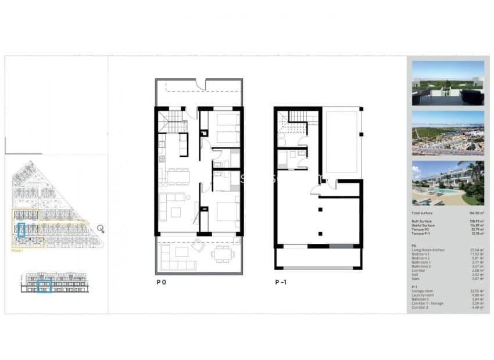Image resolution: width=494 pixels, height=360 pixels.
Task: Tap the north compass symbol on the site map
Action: [101, 228]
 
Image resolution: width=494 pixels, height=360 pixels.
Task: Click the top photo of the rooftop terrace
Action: [448, 82]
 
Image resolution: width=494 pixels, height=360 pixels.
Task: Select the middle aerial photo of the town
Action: [448, 133]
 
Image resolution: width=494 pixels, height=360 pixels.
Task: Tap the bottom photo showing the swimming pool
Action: [448, 183]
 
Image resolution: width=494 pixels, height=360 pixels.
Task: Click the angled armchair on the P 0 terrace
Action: [198, 246]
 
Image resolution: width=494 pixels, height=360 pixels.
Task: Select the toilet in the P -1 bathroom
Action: [282, 165]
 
